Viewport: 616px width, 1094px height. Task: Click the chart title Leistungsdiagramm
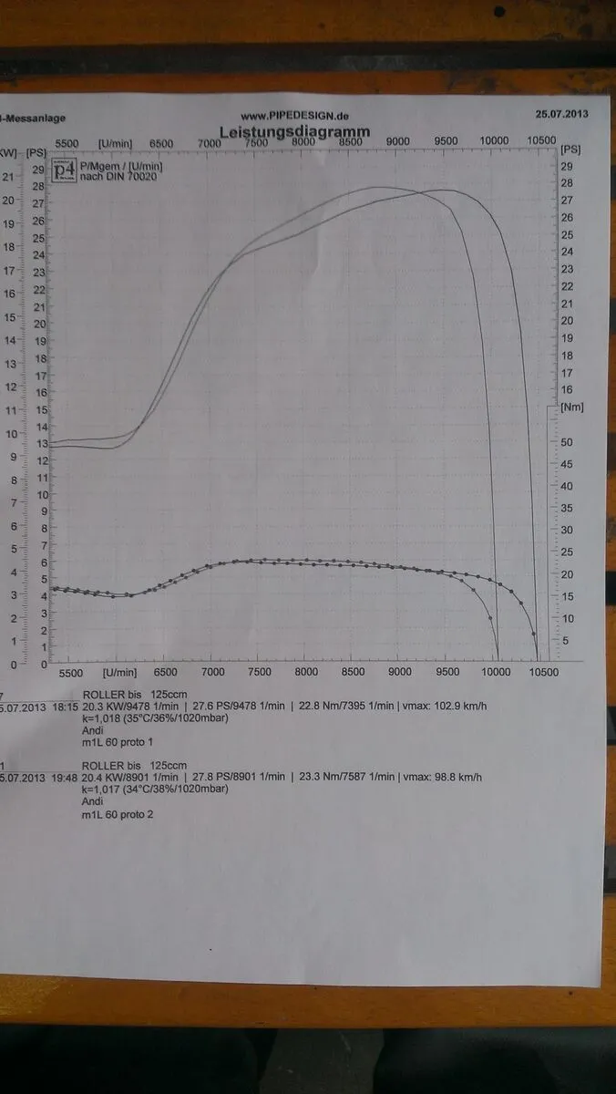click(x=294, y=132)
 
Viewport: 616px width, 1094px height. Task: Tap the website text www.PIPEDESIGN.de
click(x=294, y=117)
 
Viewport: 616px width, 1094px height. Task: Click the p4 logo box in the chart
click(x=64, y=171)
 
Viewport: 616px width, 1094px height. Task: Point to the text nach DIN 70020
click(x=108, y=177)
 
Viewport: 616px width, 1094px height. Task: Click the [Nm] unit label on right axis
click(x=573, y=407)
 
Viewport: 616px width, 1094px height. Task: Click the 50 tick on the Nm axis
click(x=567, y=442)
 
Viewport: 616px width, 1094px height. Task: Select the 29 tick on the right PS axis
click(x=567, y=166)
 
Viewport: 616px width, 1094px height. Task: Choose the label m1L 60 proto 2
click(x=118, y=813)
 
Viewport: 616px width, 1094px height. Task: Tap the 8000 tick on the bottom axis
click(x=306, y=672)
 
